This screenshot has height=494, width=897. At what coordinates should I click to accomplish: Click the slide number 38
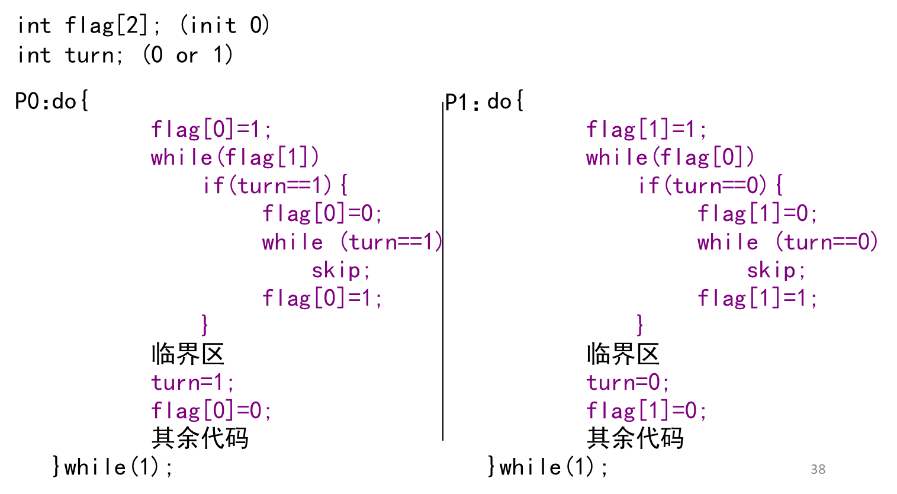click(818, 469)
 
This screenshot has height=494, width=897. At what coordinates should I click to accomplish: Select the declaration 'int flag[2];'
click(88, 25)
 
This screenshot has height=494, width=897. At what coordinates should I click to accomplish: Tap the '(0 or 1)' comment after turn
click(188, 55)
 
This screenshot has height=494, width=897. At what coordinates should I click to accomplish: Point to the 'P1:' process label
click(462, 102)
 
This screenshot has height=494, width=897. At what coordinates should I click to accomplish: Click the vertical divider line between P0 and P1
click(443, 271)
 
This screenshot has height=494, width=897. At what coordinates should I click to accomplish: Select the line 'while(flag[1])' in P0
click(234, 157)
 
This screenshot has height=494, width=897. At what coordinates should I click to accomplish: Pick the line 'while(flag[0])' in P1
click(670, 157)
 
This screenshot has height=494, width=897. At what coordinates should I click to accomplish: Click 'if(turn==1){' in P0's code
click(275, 185)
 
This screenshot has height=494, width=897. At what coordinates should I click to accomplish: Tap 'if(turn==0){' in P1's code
click(710, 185)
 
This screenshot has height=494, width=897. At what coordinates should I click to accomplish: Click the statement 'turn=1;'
click(192, 382)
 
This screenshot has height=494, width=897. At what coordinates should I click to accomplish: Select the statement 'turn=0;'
click(628, 382)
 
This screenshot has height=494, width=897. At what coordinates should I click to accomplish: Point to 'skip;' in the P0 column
click(341, 270)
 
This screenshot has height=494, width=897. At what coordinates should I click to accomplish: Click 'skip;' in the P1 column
click(776, 270)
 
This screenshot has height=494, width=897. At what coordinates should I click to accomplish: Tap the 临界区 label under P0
click(188, 354)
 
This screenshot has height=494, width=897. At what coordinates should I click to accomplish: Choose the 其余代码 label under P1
click(635, 438)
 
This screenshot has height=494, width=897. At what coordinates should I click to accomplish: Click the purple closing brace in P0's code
click(205, 325)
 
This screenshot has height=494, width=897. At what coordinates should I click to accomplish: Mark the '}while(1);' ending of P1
click(548, 467)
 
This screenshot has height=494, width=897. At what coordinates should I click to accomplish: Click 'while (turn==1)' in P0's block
click(352, 242)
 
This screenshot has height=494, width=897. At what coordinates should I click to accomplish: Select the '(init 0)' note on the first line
click(224, 25)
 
